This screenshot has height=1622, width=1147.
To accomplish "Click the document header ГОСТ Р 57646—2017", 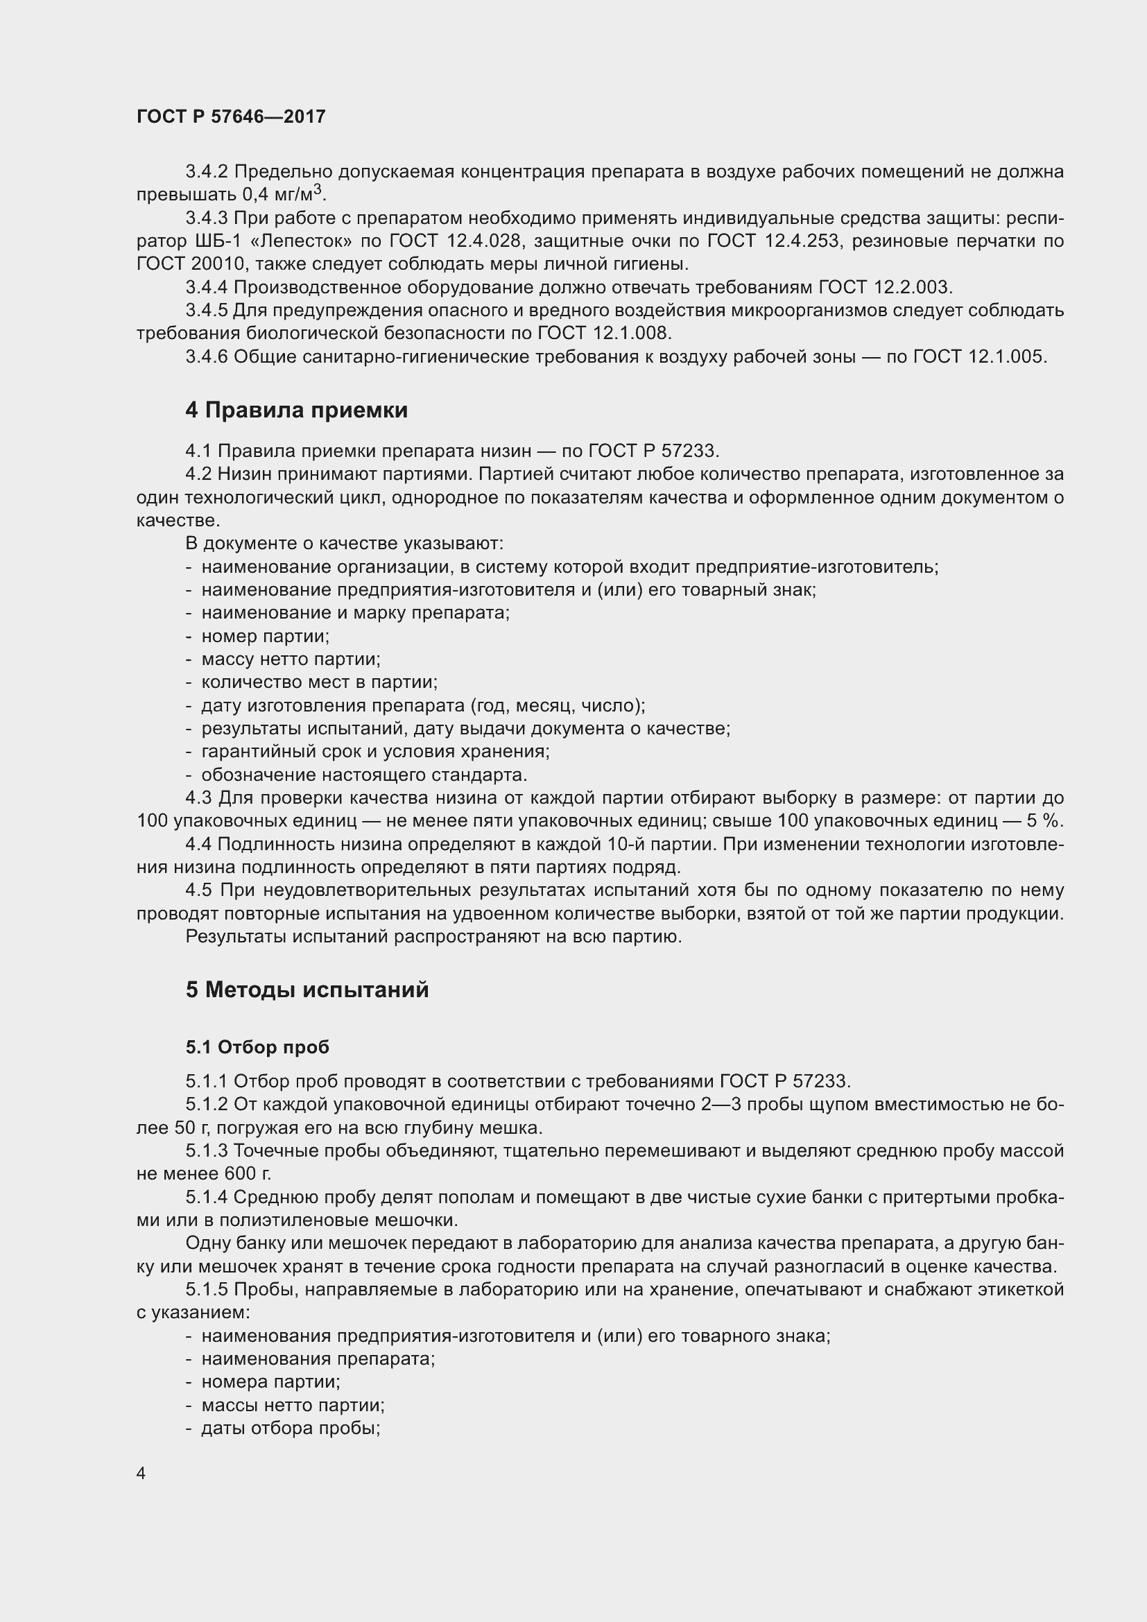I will pyautogui.click(x=231, y=117).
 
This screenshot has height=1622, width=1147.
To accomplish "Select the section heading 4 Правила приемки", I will pyautogui.click(x=297, y=411).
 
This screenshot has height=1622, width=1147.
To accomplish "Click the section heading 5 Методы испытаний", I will pyautogui.click(x=307, y=990).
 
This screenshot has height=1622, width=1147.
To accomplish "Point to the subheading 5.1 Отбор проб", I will pyautogui.click(x=258, y=1047).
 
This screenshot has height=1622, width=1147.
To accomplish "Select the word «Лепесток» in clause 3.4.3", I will pyautogui.click(x=302, y=241).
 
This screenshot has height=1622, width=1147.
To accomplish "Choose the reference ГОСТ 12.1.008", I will pyautogui.click(x=604, y=334).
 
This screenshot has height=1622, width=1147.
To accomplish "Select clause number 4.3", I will pyautogui.click(x=198, y=798).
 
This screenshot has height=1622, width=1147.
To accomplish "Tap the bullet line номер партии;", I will pyautogui.click(x=265, y=637).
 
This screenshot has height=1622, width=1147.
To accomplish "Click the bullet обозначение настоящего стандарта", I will pyautogui.click(x=364, y=775).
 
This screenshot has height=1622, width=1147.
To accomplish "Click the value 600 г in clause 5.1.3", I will pyautogui.click(x=247, y=1174).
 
